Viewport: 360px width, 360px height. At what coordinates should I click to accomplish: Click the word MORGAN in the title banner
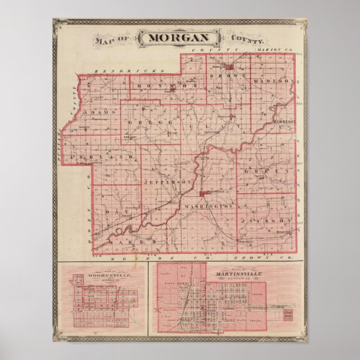point(179,38)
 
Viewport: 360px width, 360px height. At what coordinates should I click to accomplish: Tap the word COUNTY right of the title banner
point(247,40)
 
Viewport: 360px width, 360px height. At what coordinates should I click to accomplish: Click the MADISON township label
point(273,82)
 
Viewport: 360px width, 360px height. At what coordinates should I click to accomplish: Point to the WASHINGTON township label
point(208,206)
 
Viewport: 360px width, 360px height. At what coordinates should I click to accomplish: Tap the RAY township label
point(113,214)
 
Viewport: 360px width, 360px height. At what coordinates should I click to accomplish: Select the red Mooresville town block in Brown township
point(229,67)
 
